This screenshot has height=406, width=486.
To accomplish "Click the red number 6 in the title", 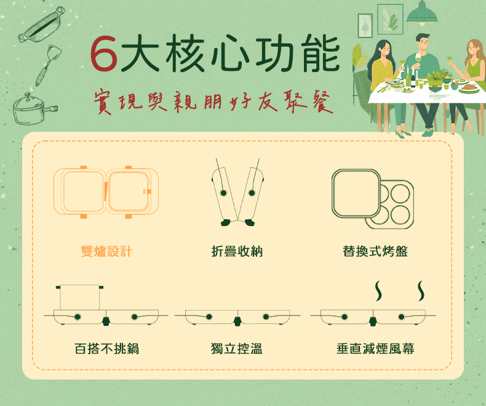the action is [x=104, y=53].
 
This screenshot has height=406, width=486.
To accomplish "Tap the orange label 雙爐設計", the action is [x=106, y=251].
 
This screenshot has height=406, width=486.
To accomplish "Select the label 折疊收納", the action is [x=237, y=251].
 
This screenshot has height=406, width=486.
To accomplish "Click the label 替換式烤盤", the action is [x=375, y=251].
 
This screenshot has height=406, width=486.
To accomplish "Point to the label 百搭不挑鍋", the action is [x=106, y=348].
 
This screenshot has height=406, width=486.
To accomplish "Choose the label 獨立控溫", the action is [x=237, y=348].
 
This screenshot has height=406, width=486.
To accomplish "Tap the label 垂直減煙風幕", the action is [x=375, y=348].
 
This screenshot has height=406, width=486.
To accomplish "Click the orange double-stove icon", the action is [x=106, y=192].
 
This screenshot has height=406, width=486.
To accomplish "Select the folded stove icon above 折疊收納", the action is [x=237, y=192].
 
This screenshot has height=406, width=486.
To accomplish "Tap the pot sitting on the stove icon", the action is [x=79, y=297].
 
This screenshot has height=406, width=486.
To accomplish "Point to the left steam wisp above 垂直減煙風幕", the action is [x=378, y=291].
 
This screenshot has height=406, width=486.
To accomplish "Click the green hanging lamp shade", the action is [x=422, y=15].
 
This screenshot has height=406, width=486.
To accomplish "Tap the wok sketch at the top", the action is [x=42, y=24].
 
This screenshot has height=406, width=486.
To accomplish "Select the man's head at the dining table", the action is [x=423, y=42].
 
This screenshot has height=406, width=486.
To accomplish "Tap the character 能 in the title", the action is [x=321, y=53].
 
